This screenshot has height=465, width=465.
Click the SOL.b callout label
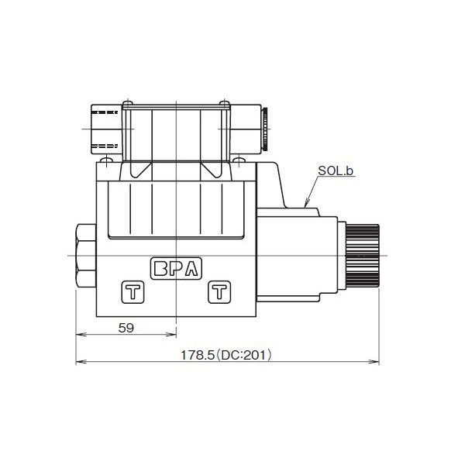[336, 170]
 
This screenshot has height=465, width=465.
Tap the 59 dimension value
[126, 328]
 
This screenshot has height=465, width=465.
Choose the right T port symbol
[220, 292]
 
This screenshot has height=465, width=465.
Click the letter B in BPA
[161, 269]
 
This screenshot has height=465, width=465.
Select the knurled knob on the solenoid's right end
[363, 254]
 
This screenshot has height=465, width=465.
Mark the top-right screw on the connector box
[224, 103]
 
